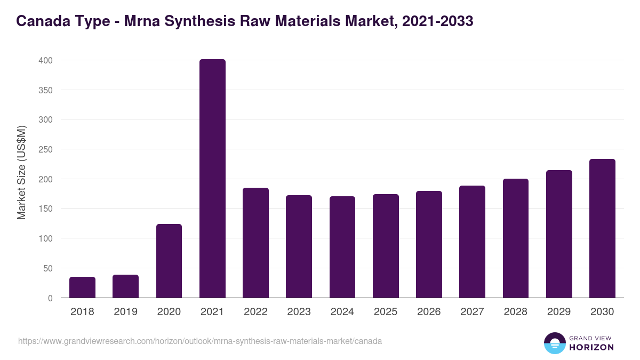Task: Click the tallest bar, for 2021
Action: (x=212, y=179)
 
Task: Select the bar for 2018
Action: (x=82, y=287)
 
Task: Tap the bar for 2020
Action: (x=169, y=261)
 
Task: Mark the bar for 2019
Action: (x=125, y=286)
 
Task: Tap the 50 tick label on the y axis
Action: (x=47, y=268)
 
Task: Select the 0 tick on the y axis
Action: (x=50, y=298)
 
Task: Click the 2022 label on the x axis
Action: (x=255, y=312)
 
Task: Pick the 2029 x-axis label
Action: (x=559, y=312)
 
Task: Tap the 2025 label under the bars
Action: (x=386, y=312)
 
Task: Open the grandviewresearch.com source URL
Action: (x=200, y=341)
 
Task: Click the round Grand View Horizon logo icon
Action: (x=554, y=343)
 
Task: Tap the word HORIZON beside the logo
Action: (x=591, y=347)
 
